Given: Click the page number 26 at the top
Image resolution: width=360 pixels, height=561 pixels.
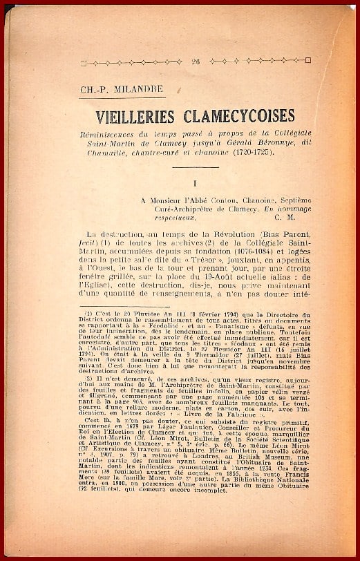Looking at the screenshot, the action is pos(196,61).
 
